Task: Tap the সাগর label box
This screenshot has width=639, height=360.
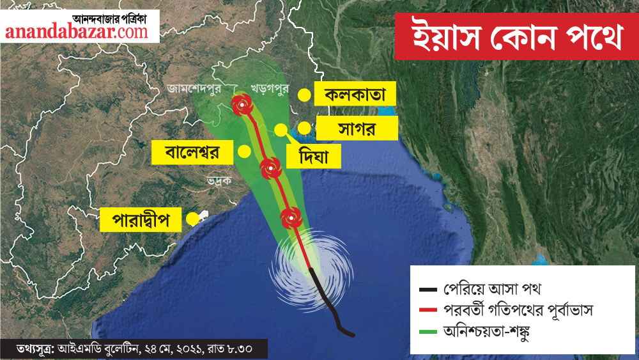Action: click(x=357, y=128)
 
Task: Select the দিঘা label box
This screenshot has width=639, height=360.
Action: click(x=311, y=155)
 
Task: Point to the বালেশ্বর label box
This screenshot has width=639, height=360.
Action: click(x=192, y=153)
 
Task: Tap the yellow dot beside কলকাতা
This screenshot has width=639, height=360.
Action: click(x=305, y=96)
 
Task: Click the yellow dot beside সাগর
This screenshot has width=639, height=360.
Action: click(x=304, y=128)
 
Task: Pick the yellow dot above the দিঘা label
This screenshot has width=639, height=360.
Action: click(x=281, y=130)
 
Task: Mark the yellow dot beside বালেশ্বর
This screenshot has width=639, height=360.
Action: click(x=243, y=152)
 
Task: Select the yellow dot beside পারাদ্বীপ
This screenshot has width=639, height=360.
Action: click(x=192, y=219)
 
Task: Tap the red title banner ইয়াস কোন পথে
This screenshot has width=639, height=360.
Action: click(x=516, y=38)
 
